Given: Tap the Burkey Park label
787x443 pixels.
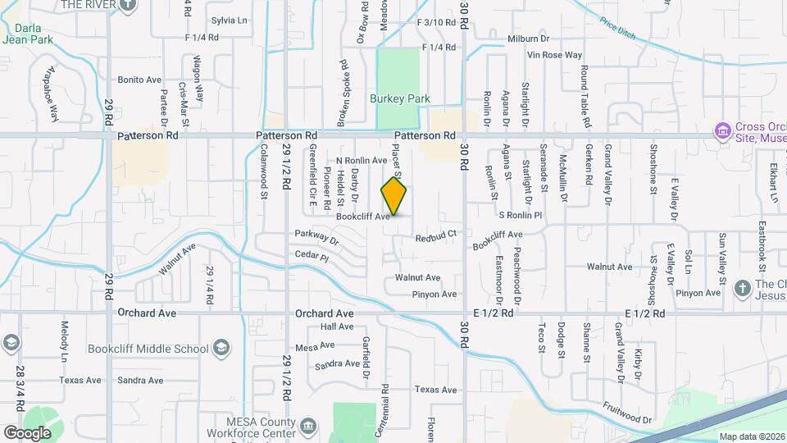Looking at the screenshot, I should tap(400, 98).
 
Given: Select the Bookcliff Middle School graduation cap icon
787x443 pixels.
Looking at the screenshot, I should tap(221, 348).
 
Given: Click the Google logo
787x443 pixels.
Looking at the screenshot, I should tap(27, 432).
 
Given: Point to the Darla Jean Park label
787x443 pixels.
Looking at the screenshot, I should tap(27, 31).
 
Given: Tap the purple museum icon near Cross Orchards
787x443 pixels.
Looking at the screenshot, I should tap(722, 130).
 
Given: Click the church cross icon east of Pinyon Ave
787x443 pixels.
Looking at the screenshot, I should tap(742, 288).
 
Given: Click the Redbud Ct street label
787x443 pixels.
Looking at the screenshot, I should tap(434, 239).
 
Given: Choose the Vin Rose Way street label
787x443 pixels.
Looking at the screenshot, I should tap(555, 55).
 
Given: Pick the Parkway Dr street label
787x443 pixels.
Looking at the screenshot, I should tap(317, 238).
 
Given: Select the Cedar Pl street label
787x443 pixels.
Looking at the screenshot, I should tap(312, 256).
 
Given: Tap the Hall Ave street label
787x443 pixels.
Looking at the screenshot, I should tap(337, 327).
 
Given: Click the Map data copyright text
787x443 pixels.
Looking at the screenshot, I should tap(752, 436).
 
